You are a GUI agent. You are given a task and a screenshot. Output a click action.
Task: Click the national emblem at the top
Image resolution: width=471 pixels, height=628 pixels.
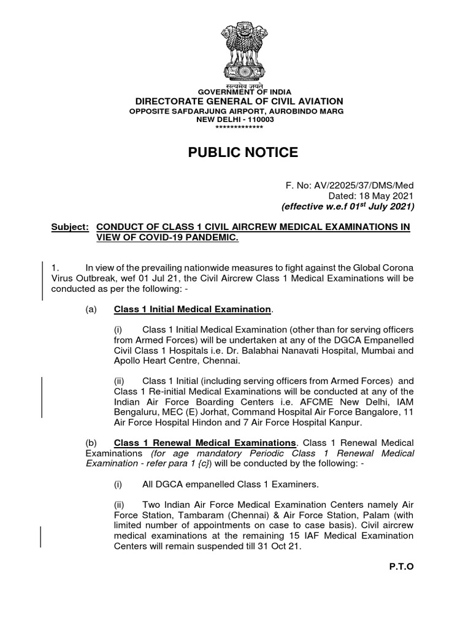pyautogui.click(x=243, y=48)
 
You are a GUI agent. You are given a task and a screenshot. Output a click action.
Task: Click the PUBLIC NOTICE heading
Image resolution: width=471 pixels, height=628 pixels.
pyautogui.click(x=243, y=153)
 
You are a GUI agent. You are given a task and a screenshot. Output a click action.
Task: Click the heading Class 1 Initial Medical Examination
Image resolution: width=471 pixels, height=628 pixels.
pyautogui.click(x=192, y=309)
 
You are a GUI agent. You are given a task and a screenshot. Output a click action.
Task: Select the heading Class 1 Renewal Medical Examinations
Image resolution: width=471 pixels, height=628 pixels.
pyautogui.click(x=205, y=443)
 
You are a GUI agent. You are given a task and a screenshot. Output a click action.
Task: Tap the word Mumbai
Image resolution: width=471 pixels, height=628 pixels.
pyautogui.click(x=378, y=351)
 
